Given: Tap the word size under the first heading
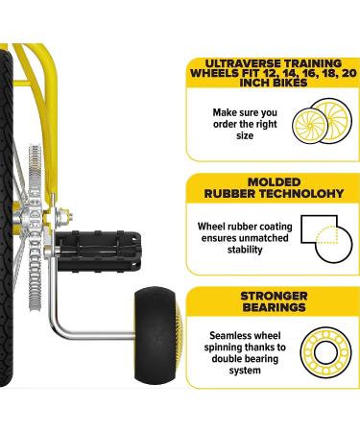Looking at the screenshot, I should (x=245, y=136).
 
